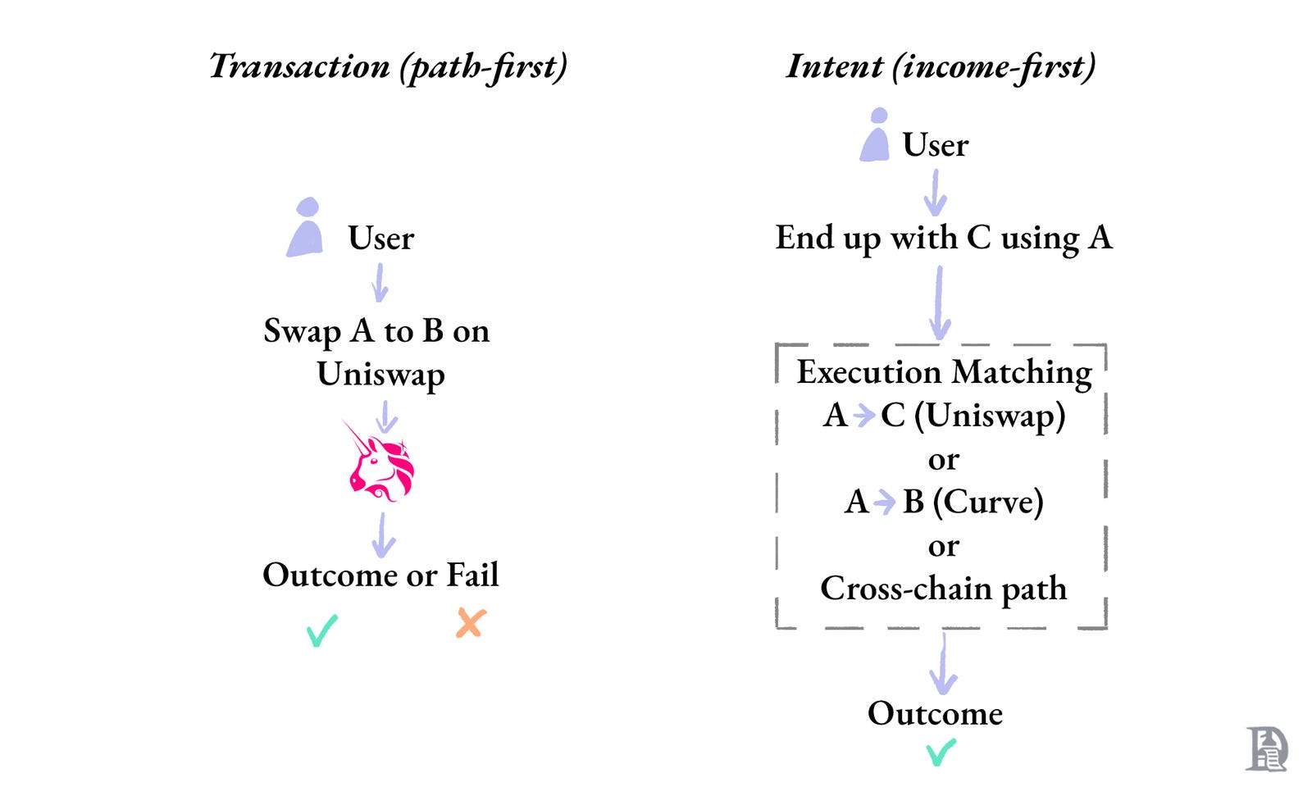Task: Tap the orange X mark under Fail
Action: (x=471, y=624)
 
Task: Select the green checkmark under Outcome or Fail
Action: (x=321, y=630)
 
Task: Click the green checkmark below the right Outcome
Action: (x=941, y=751)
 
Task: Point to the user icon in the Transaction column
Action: (x=306, y=228)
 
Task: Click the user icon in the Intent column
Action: (x=876, y=135)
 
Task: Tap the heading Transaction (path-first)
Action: (x=388, y=66)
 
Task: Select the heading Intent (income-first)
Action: (x=941, y=66)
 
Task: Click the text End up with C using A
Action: (x=943, y=238)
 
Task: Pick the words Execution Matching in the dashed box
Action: (x=944, y=372)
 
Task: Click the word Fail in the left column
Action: (x=472, y=575)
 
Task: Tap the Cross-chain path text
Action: (x=943, y=588)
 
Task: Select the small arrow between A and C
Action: (x=863, y=416)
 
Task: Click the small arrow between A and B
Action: (x=885, y=502)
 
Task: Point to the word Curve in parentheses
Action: (x=987, y=502)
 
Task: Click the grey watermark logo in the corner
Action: (x=1266, y=748)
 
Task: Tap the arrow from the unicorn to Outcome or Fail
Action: (x=383, y=536)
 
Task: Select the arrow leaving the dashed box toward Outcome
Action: (x=943, y=664)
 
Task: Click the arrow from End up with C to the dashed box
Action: (x=940, y=303)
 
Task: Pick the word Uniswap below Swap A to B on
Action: (x=380, y=375)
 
